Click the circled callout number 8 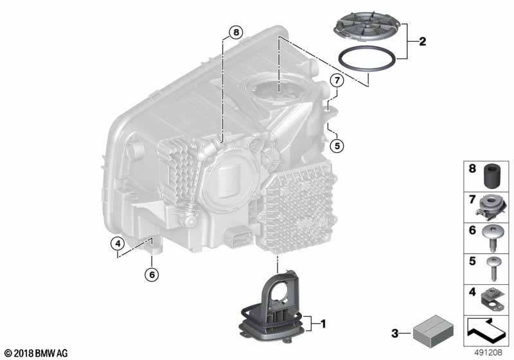[236, 32]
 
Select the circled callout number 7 [337, 80]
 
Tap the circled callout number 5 [337, 145]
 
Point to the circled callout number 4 [118, 244]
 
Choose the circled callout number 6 [152, 274]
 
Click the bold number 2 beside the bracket [423, 41]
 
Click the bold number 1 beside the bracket [323, 324]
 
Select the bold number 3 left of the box [395, 334]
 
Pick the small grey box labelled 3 [433, 331]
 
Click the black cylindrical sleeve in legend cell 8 [492, 176]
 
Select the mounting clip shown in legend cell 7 [491, 207]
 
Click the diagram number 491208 [488, 352]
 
